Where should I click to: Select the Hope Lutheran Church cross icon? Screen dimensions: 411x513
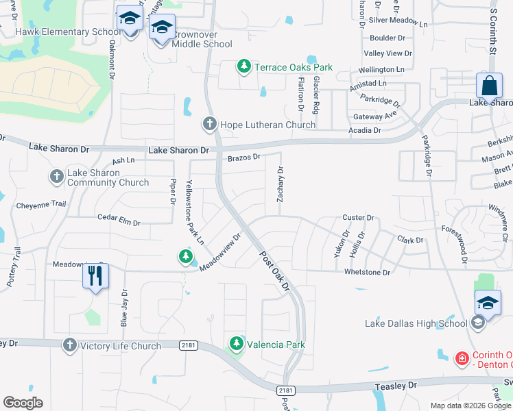click(x=209, y=124)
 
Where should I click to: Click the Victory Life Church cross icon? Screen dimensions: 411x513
click(x=69, y=345)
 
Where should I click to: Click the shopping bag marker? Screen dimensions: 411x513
click(x=490, y=86)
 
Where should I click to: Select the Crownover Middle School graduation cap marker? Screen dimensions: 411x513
click(x=162, y=27)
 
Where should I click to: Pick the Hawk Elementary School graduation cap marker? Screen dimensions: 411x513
click(x=129, y=18)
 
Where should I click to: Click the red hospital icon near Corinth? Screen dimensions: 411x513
click(x=462, y=357)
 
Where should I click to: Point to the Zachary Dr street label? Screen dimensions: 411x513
click(x=280, y=185)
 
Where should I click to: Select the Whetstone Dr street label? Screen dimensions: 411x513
click(x=367, y=273)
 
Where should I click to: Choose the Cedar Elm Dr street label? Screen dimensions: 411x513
click(x=118, y=223)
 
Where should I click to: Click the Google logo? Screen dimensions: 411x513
click(x=23, y=403)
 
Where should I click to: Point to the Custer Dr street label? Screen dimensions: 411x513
click(x=358, y=218)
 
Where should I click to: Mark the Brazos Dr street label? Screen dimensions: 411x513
click(x=244, y=157)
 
